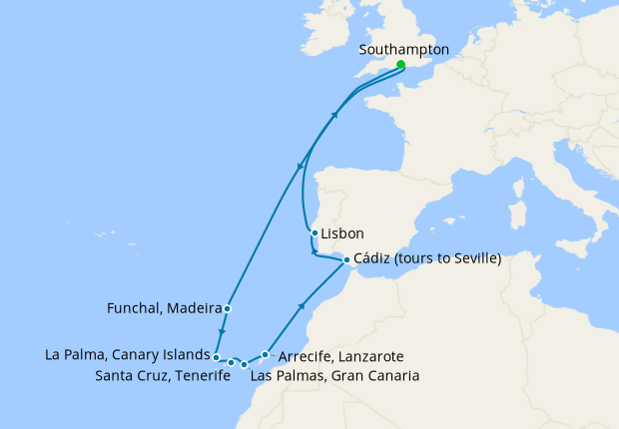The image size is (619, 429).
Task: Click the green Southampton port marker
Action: click(x=399, y=65)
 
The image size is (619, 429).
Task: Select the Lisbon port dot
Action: click(x=315, y=233)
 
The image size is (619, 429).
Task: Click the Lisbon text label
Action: click(x=343, y=233)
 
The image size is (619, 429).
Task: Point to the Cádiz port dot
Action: click(x=346, y=260)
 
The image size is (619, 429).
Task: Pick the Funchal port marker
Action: click(x=229, y=308)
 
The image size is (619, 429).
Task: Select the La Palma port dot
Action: click(x=217, y=355)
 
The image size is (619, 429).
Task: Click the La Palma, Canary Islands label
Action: click(x=127, y=354)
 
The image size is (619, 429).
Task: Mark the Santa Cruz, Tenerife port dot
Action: click(x=232, y=362)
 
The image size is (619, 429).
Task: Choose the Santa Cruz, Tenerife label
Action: click(x=160, y=376)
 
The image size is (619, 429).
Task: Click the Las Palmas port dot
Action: click(x=245, y=365)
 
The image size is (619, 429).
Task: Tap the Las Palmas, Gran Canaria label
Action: click(x=334, y=376)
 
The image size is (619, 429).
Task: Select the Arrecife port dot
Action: click(x=265, y=354)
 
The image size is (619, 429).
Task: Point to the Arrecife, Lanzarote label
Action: click(x=340, y=356)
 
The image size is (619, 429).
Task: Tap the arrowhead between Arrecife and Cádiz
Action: click(x=302, y=308)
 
